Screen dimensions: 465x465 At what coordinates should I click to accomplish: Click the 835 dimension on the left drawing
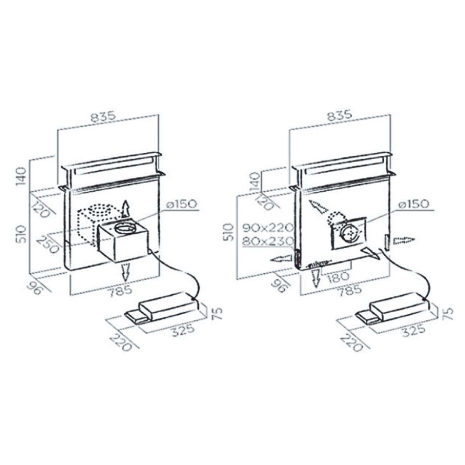108,116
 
